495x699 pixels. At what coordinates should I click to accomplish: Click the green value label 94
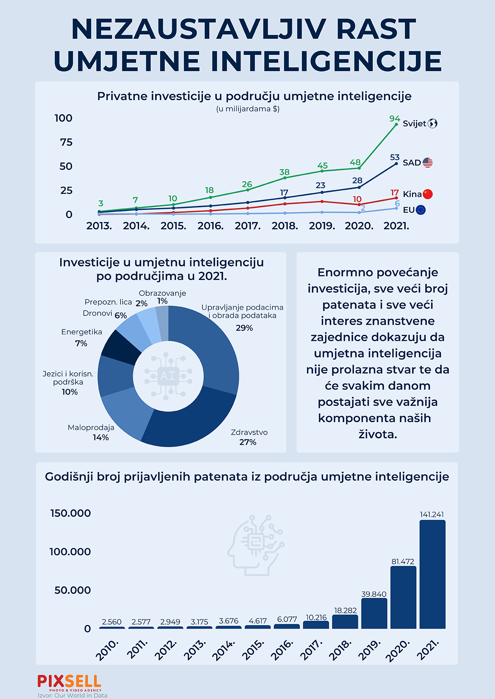394,119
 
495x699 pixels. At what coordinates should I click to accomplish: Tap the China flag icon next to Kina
427,194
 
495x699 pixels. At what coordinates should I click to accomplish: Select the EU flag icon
421,210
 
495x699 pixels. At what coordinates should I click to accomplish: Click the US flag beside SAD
427,163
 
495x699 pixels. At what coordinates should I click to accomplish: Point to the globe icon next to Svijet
432,124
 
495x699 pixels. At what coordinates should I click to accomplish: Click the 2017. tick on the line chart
247,226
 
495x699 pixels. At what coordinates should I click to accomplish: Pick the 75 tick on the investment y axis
66,142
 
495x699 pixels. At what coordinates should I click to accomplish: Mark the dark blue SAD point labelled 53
396,164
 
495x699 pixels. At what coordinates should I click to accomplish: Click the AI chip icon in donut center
168,376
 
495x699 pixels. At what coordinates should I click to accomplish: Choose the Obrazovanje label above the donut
162,293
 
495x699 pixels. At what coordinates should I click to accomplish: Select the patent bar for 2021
432,574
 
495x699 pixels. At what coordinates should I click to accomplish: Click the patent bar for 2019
374,613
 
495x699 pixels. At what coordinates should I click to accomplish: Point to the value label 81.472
403,562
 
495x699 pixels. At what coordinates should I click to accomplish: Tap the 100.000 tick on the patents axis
70,552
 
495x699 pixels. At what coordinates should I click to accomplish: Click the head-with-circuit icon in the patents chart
256,545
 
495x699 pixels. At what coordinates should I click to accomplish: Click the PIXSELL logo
69,683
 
